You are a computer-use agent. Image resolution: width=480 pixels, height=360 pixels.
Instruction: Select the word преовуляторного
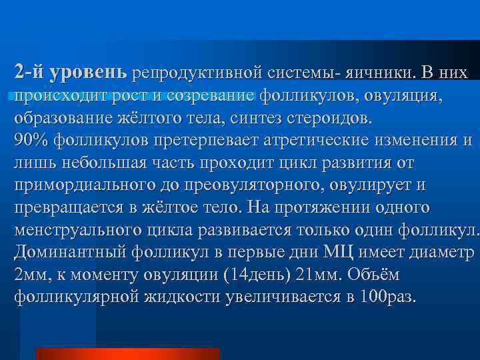click(264, 185)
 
